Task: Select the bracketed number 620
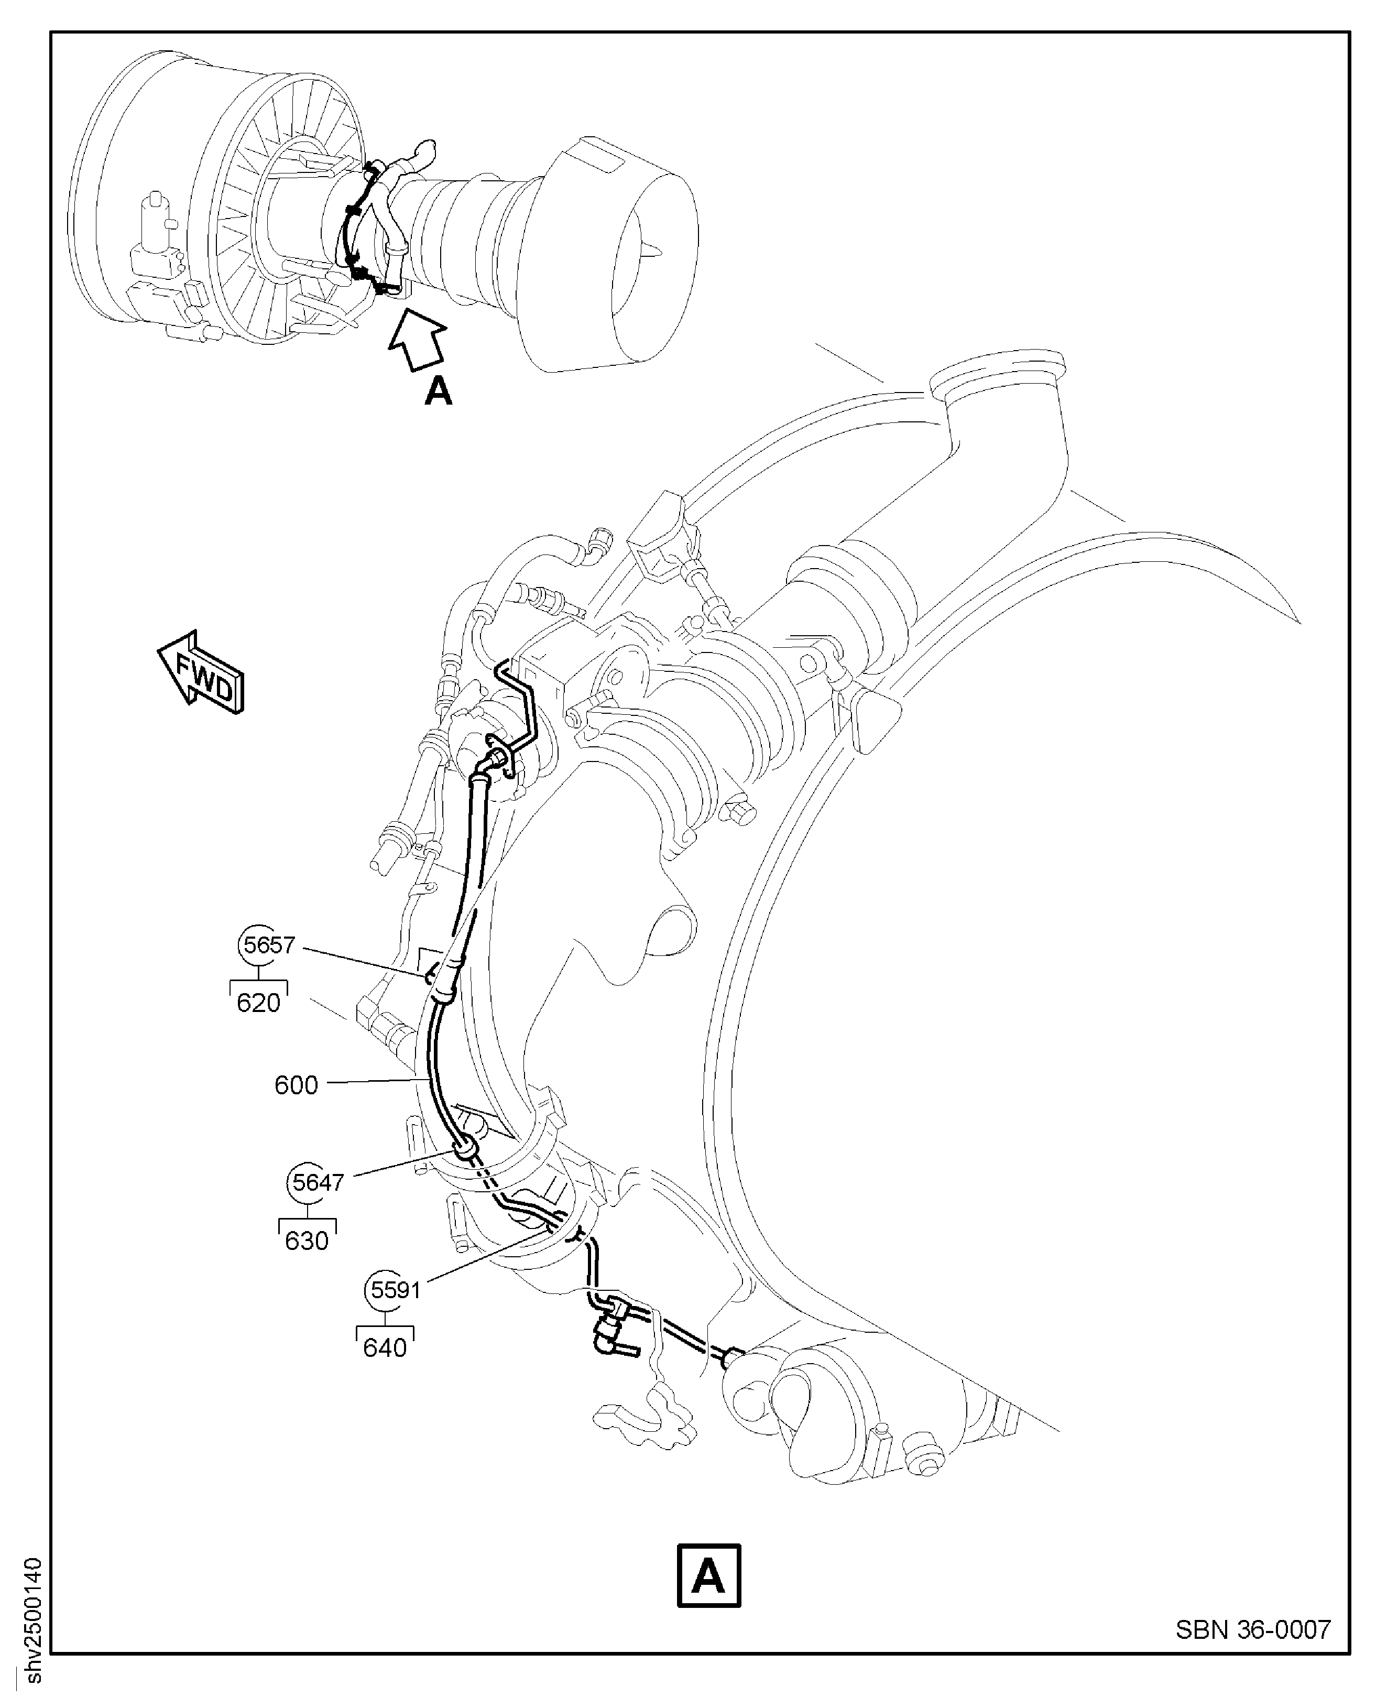(x=258, y=1002)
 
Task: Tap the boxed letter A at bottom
(x=708, y=1576)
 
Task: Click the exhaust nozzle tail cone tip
(x=660, y=253)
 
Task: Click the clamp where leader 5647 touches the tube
(x=465, y=1150)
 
